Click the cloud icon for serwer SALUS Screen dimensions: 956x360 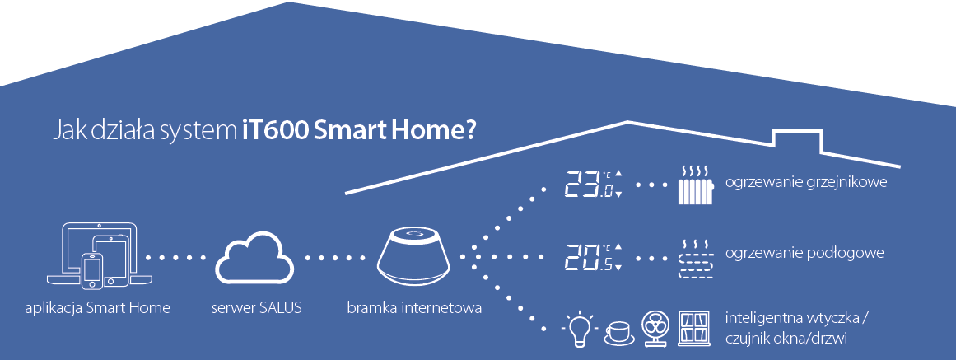[254, 259]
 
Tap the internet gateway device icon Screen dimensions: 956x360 [414, 256]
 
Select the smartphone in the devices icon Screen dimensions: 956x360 [92, 270]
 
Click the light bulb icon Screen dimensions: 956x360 [578, 330]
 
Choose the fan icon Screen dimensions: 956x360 [656, 329]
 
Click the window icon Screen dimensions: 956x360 [694, 330]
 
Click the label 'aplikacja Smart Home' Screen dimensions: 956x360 [97, 308]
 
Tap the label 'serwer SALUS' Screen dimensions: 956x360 [257, 308]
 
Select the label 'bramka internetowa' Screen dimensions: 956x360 [414, 307]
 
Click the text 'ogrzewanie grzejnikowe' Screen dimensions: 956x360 [806, 182]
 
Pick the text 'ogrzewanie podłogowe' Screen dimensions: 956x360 [804, 253]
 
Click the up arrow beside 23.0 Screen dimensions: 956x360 [619, 173]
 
